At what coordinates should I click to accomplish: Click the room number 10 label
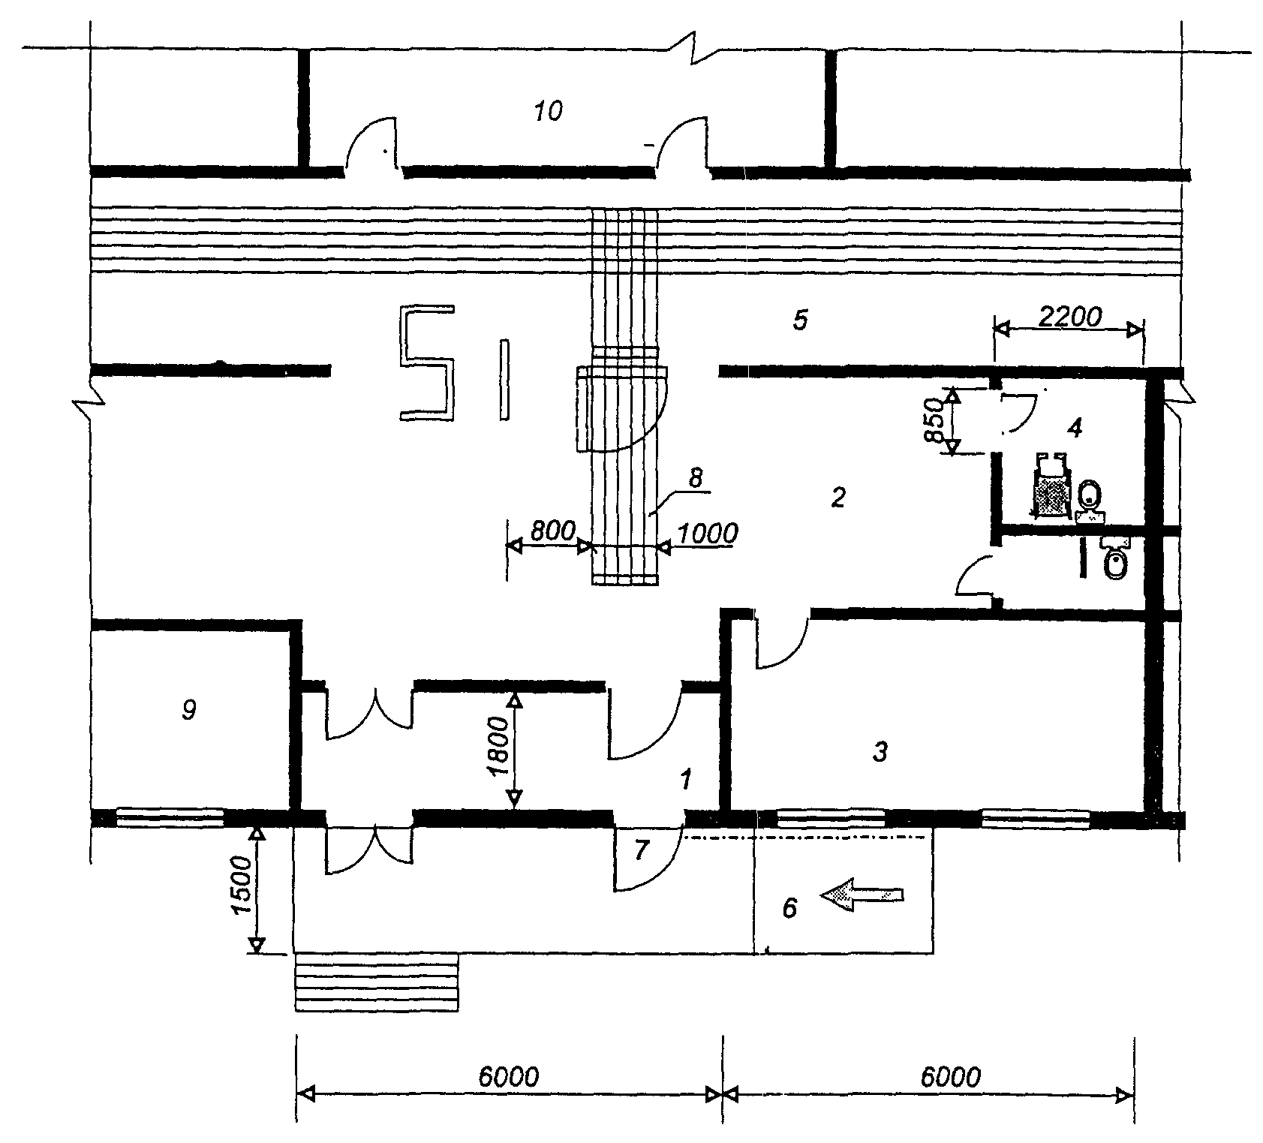point(548,112)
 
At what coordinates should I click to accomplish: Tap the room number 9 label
point(189,709)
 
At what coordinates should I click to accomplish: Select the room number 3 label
point(880,751)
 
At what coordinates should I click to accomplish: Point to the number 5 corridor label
point(800,320)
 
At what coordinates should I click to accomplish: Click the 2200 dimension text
point(1069,317)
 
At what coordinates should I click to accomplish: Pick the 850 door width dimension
point(934,423)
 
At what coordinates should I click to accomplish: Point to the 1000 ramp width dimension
point(708,534)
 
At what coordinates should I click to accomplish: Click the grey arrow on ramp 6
point(862,894)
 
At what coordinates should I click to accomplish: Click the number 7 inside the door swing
point(640,851)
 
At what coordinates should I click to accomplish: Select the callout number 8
point(696,477)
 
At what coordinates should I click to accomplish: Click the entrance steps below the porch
point(376,982)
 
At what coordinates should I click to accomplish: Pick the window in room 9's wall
point(170,817)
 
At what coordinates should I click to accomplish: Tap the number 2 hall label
point(838,497)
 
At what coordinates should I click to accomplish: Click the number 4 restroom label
point(1075,429)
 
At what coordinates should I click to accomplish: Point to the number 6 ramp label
point(789,908)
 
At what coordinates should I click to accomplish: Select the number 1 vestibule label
point(684,780)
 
